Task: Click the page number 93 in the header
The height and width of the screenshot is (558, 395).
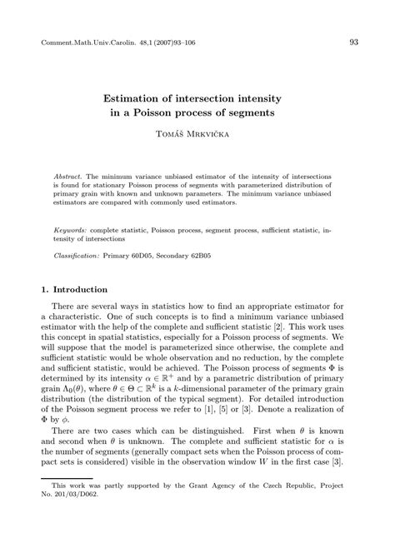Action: tap(353, 42)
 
